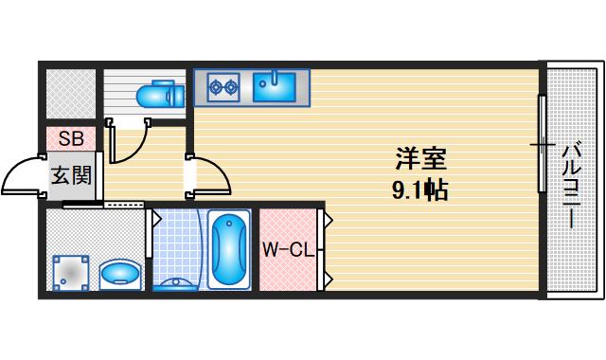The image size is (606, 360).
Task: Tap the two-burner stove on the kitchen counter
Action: (x=223, y=88)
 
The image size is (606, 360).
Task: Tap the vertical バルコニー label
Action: (x=571, y=185)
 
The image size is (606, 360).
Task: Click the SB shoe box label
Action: (x=71, y=138)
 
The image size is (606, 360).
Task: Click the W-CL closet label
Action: (x=288, y=250)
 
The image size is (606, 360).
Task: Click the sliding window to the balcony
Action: (x=542, y=147)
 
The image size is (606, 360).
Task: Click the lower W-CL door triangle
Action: (x=328, y=279)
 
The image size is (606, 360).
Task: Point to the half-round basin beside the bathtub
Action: (x=178, y=281)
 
